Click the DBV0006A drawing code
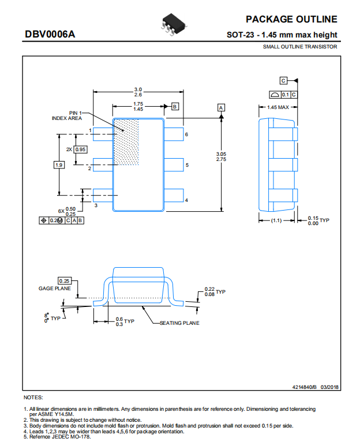(x=50, y=34)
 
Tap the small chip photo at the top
(x=174, y=24)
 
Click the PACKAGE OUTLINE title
(x=291, y=19)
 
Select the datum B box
(x=175, y=106)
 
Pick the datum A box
(x=221, y=108)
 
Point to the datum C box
(x=283, y=81)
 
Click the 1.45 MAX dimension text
(x=278, y=107)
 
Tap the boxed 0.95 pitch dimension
(x=80, y=149)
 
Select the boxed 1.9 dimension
(x=59, y=165)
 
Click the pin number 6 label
(x=186, y=134)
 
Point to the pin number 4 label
(x=186, y=200)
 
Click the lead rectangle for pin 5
(x=174, y=164)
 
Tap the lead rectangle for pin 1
(x=103, y=134)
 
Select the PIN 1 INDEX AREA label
(x=67, y=115)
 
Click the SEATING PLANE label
(x=179, y=323)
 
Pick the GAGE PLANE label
(x=55, y=288)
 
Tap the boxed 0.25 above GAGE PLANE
(x=65, y=281)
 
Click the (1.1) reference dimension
(x=276, y=220)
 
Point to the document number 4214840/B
(x=304, y=387)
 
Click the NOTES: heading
(x=33, y=398)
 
